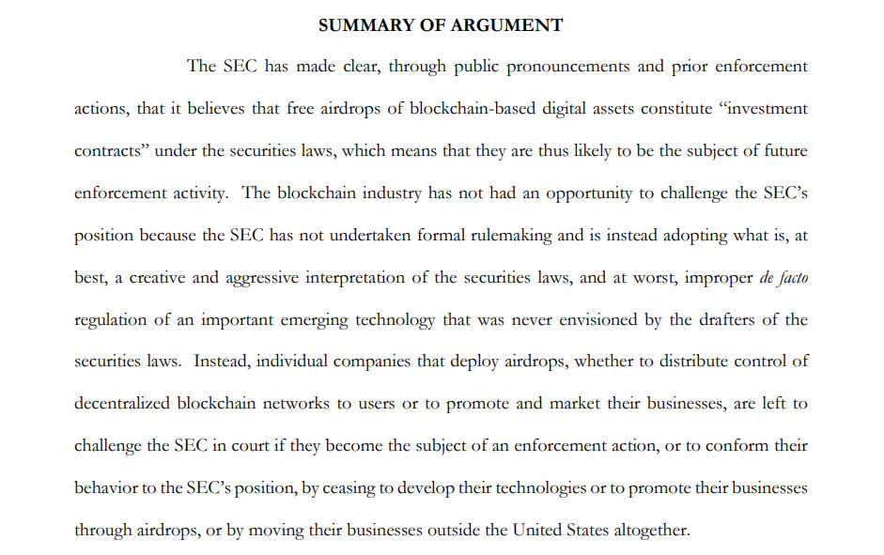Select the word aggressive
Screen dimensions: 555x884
[282, 277]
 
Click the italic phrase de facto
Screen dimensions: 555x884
[783, 277]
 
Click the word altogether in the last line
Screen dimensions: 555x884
[651, 531]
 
